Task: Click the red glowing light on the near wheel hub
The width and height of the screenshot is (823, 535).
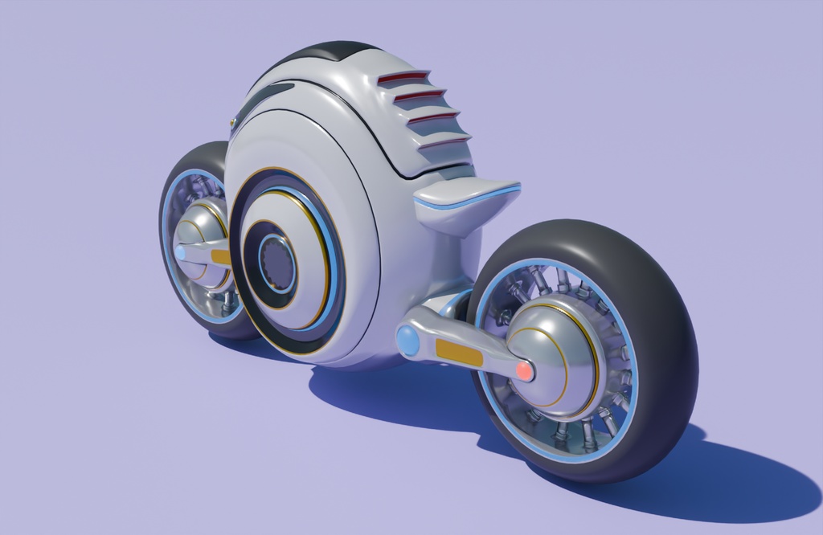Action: click(524, 370)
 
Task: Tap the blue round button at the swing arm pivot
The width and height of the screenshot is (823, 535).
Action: click(407, 341)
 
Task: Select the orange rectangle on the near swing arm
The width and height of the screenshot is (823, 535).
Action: click(459, 353)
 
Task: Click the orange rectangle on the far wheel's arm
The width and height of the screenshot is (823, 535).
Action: click(220, 257)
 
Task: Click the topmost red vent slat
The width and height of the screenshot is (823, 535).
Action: click(403, 77)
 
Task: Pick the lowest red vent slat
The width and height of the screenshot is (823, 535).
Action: click(443, 142)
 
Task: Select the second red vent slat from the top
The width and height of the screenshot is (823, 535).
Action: click(418, 96)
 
